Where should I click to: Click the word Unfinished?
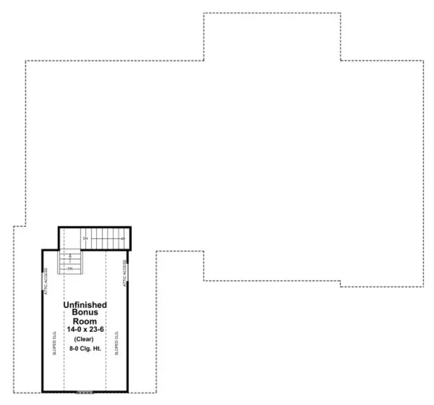coord(85,305)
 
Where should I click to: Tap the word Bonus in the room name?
coord(85,312)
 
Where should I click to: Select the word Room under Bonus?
coord(85,321)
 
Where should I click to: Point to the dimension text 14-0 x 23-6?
coord(85,329)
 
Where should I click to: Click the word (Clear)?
coord(85,339)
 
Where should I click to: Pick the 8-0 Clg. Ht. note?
coord(85,349)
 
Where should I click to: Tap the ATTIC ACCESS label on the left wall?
coord(46,281)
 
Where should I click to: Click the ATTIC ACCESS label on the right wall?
coord(124,274)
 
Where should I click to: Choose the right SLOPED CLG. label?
coord(116,344)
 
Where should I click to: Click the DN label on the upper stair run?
coord(85,238)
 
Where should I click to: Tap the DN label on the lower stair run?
coord(70,268)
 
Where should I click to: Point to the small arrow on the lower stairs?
coord(71,256)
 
